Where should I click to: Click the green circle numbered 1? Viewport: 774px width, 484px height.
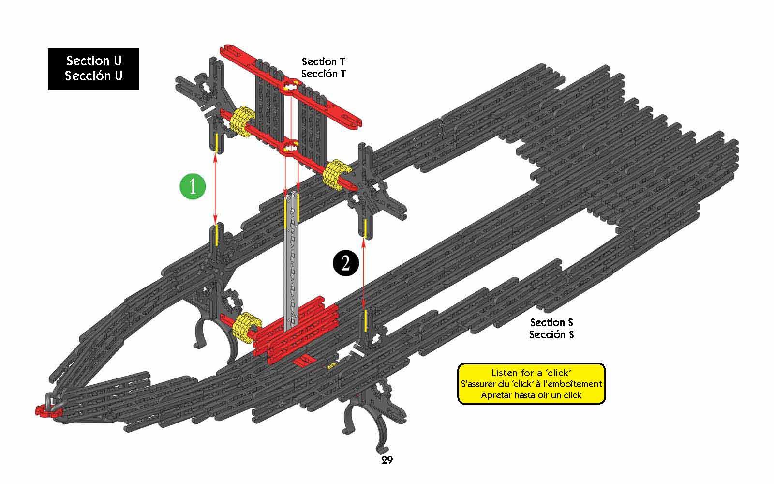(193, 186)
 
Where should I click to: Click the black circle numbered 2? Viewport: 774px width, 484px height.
(345, 263)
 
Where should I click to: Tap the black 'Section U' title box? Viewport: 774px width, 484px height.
(93, 69)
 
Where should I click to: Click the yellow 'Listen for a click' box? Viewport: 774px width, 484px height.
(532, 384)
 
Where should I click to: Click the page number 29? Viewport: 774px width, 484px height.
(387, 460)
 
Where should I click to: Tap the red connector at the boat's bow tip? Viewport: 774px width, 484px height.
(48, 411)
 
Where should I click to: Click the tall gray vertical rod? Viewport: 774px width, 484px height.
(291, 261)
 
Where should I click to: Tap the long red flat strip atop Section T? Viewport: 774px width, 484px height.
(291, 85)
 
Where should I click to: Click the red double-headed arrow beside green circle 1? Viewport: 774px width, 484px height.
(215, 189)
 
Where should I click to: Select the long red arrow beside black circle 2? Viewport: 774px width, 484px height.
(363, 273)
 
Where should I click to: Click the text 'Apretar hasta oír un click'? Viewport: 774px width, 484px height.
(531, 395)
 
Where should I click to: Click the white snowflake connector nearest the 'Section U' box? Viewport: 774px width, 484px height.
(205, 87)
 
